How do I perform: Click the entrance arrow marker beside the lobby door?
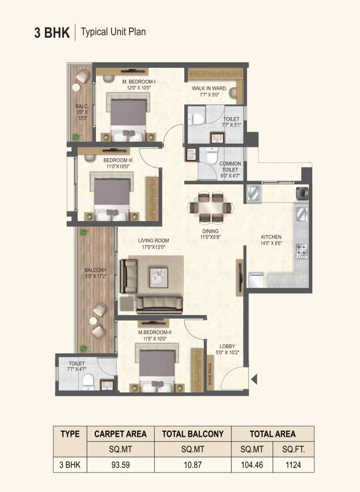[255, 379]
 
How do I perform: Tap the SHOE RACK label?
[210, 374]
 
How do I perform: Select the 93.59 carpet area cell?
[121, 465]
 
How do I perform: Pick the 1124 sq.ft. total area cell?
[293, 465]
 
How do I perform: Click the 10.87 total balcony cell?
[192, 465]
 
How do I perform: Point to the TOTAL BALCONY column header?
[192, 434]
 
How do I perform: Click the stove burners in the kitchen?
[302, 251]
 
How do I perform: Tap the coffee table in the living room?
[158, 277]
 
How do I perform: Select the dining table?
[210, 208]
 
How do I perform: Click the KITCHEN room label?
[271, 237]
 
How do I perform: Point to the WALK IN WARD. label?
[209, 88]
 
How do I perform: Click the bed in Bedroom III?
[112, 196]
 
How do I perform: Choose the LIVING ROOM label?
[153, 241]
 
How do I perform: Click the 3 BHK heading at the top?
[52, 32]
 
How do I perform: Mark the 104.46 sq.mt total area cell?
[252, 465]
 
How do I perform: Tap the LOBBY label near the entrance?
[227, 346]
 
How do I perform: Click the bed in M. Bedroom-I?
[128, 117]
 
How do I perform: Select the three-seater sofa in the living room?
[160, 305]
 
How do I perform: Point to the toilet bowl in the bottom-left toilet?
[88, 381]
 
